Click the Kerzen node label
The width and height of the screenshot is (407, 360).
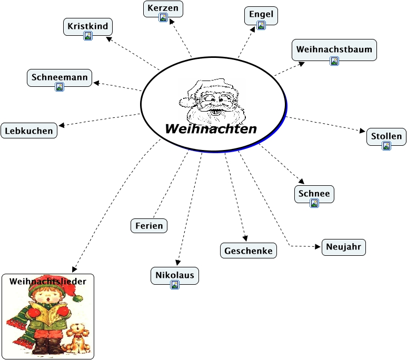point(163,8)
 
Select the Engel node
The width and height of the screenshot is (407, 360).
point(261,14)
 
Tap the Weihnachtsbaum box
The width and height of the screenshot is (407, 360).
point(334,49)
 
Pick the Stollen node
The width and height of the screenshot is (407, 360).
point(386,136)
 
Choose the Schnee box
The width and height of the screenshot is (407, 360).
point(314,194)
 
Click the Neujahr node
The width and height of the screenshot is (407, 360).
point(343,247)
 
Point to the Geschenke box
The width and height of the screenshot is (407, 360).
point(249,251)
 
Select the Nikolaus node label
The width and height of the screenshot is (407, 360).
point(175,274)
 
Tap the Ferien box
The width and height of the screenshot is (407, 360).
point(149,226)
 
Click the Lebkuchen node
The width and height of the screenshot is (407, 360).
point(29,131)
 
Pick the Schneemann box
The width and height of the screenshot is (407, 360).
point(59,77)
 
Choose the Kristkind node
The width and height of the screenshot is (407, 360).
point(88,26)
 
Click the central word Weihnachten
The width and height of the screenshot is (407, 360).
point(211,129)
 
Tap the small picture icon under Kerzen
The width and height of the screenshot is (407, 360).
point(163,18)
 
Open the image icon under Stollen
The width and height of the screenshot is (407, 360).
point(386,146)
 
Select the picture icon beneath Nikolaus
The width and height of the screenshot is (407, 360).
point(175,284)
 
